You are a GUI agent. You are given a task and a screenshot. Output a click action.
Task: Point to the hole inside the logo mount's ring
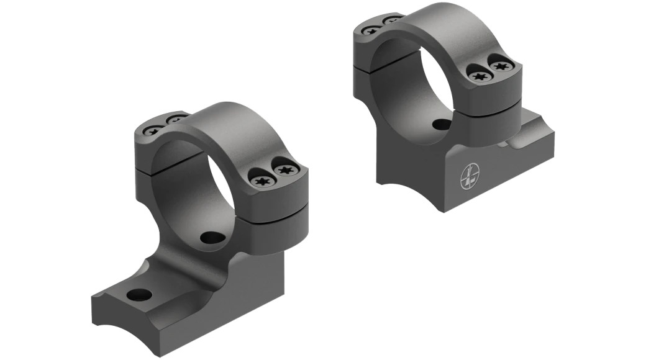point(441,125)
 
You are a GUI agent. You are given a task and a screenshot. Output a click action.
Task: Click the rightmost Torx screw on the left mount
point(285,171)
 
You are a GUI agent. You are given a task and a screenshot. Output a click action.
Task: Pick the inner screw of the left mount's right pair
point(259,181)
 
